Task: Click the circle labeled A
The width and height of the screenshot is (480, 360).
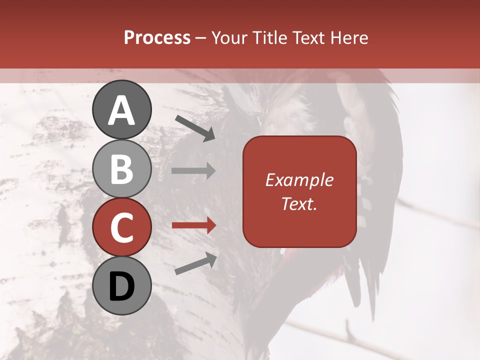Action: pyautogui.click(x=121, y=109)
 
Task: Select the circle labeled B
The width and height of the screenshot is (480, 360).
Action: pyautogui.click(x=121, y=168)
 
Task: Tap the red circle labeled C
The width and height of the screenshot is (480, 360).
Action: pyautogui.click(x=121, y=227)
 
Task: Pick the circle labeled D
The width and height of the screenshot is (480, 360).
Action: pyautogui.click(x=121, y=286)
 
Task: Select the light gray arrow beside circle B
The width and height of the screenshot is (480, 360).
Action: pyautogui.click(x=193, y=171)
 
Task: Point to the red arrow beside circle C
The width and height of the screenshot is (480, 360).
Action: pyautogui.click(x=193, y=225)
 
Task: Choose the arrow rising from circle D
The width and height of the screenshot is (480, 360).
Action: pyautogui.click(x=195, y=264)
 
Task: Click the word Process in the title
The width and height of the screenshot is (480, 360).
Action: pyautogui.click(x=157, y=37)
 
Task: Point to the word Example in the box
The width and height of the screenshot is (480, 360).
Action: pyautogui.click(x=299, y=180)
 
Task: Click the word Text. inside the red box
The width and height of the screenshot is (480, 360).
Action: pyautogui.click(x=299, y=203)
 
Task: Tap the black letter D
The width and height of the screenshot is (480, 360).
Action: pyautogui.click(x=121, y=286)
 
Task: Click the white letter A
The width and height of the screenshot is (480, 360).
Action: pyautogui.click(x=121, y=110)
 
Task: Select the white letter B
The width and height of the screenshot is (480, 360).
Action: pyautogui.click(x=121, y=169)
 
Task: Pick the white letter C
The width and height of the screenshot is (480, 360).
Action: pyautogui.click(x=121, y=227)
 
